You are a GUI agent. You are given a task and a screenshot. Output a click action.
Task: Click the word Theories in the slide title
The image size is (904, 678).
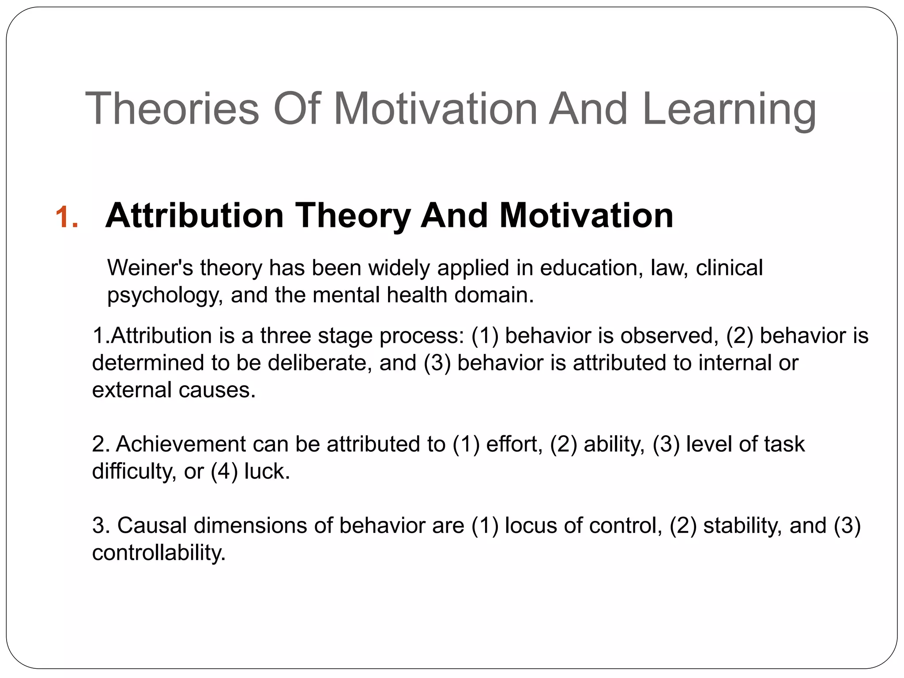pyautogui.click(x=172, y=109)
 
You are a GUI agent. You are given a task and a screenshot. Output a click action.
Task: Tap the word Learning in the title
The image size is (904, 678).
pyautogui.click(x=729, y=110)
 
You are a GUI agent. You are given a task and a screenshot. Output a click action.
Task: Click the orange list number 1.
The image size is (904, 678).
pyautogui.click(x=67, y=218)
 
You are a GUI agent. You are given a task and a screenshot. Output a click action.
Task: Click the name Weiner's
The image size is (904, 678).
pyautogui.click(x=150, y=267)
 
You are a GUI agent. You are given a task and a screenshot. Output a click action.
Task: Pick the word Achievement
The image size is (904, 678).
pyautogui.click(x=181, y=444)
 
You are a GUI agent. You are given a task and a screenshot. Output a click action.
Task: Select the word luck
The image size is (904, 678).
pyautogui.click(x=267, y=471)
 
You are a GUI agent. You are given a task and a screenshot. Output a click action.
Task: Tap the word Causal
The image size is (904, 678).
pyautogui.click(x=152, y=525)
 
